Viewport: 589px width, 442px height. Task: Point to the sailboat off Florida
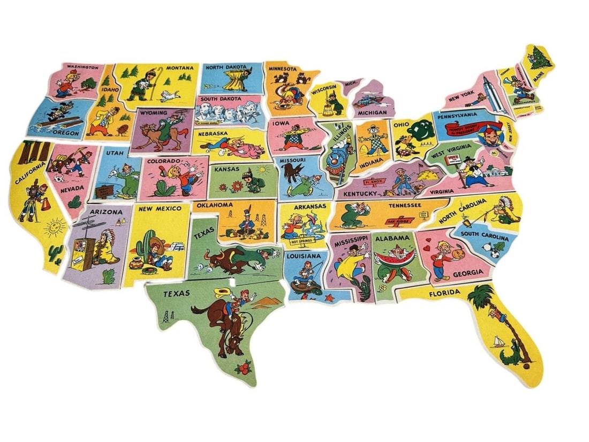tap(500, 341)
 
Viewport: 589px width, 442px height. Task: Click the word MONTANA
tap(180, 69)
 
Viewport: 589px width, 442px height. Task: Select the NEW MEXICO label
tap(160, 208)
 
